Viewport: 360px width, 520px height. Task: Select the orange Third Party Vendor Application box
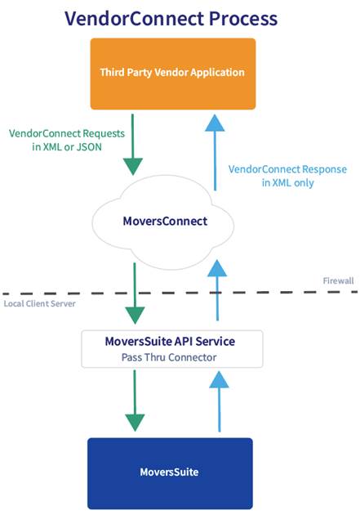point(172,73)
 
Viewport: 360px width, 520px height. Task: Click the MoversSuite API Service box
point(171,347)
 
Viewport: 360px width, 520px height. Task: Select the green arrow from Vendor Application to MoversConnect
point(135,144)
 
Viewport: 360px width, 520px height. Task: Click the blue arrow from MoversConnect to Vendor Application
point(215,151)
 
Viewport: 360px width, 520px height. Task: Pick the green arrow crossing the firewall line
point(135,293)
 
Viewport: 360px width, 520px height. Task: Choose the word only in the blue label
point(301,183)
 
